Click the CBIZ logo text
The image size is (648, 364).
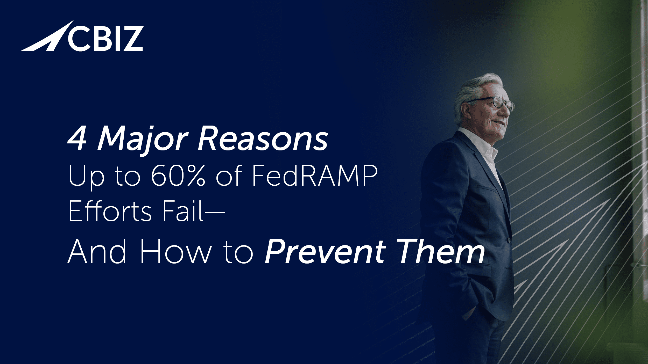pyautogui.click(x=105, y=39)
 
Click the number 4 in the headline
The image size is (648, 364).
pyautogui.click(x=77, y=139)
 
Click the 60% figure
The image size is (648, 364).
pyautogui.click(x=178, y=176)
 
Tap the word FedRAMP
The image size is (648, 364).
pyautogui.click(x=314, y=176)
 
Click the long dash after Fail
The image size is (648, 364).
pyautogui.click(x=214, y=213)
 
